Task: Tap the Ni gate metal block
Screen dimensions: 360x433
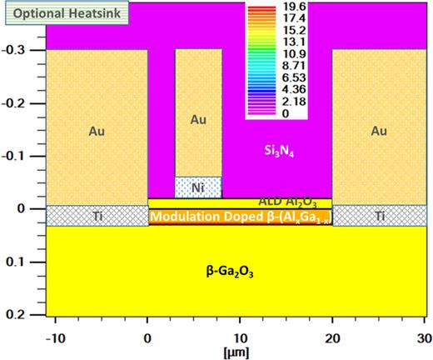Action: (x=198, y=187)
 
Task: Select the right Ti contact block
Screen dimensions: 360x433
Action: (x=381, y=215)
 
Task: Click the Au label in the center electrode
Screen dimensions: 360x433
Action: (x=198, y=120)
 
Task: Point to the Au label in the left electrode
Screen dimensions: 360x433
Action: (x=97, y=131)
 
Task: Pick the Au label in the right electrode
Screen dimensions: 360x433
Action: (x=380, y=131)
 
